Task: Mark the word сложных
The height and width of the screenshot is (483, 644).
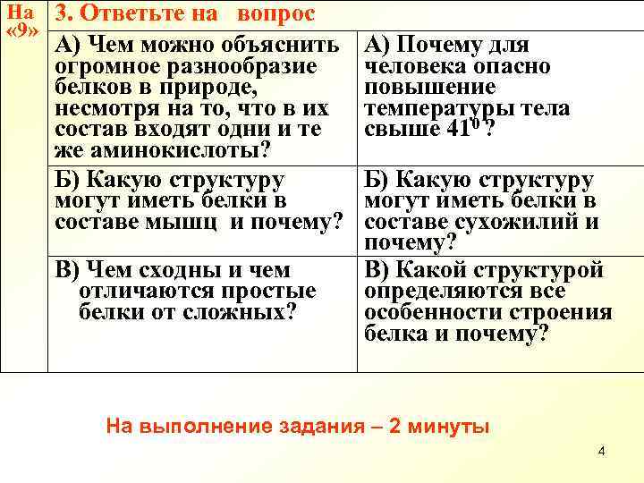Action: pos(250,312)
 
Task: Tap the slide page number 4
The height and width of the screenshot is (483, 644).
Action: pos(601,450)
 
